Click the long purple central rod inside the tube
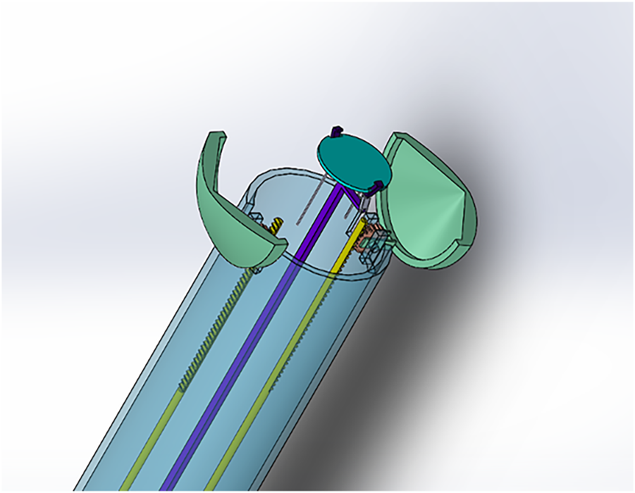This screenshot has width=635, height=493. click(254, 338)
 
